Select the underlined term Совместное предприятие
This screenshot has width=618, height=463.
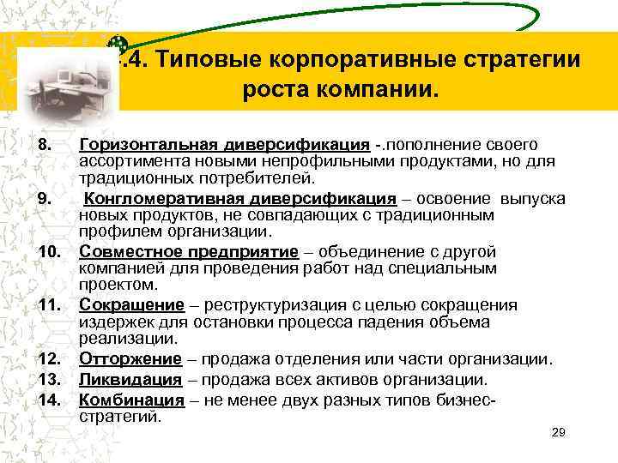tap(189, 251)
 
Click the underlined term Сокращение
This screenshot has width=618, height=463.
tap(131, 304)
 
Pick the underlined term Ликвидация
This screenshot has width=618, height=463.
tap(130, 379)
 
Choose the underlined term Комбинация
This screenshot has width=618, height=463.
tap(131, 400)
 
